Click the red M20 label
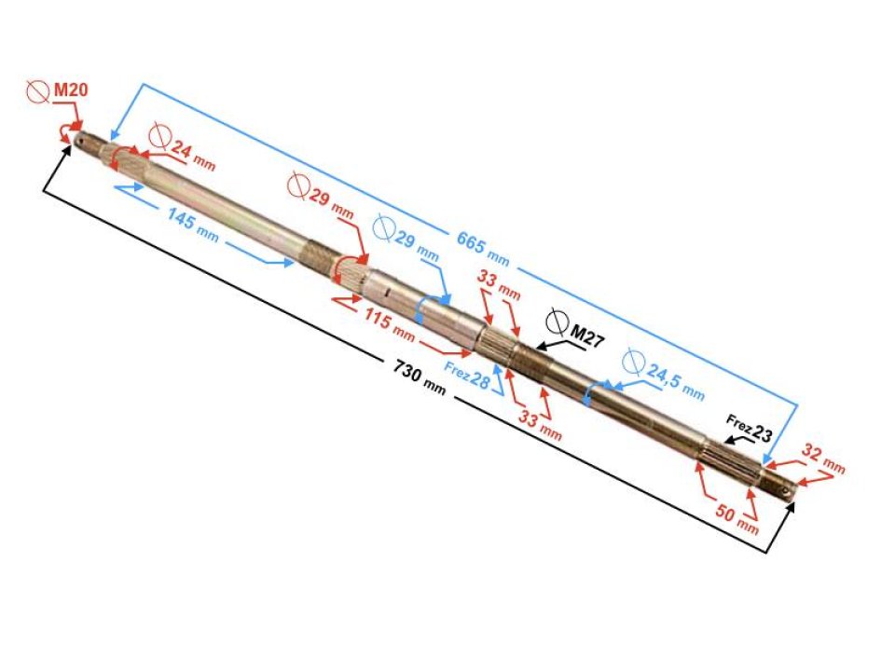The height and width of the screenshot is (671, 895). [71, 89]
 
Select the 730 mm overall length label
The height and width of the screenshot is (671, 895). [419, 377]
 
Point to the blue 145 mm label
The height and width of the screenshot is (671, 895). [192, 225]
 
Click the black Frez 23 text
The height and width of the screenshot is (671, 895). [749, 429]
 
